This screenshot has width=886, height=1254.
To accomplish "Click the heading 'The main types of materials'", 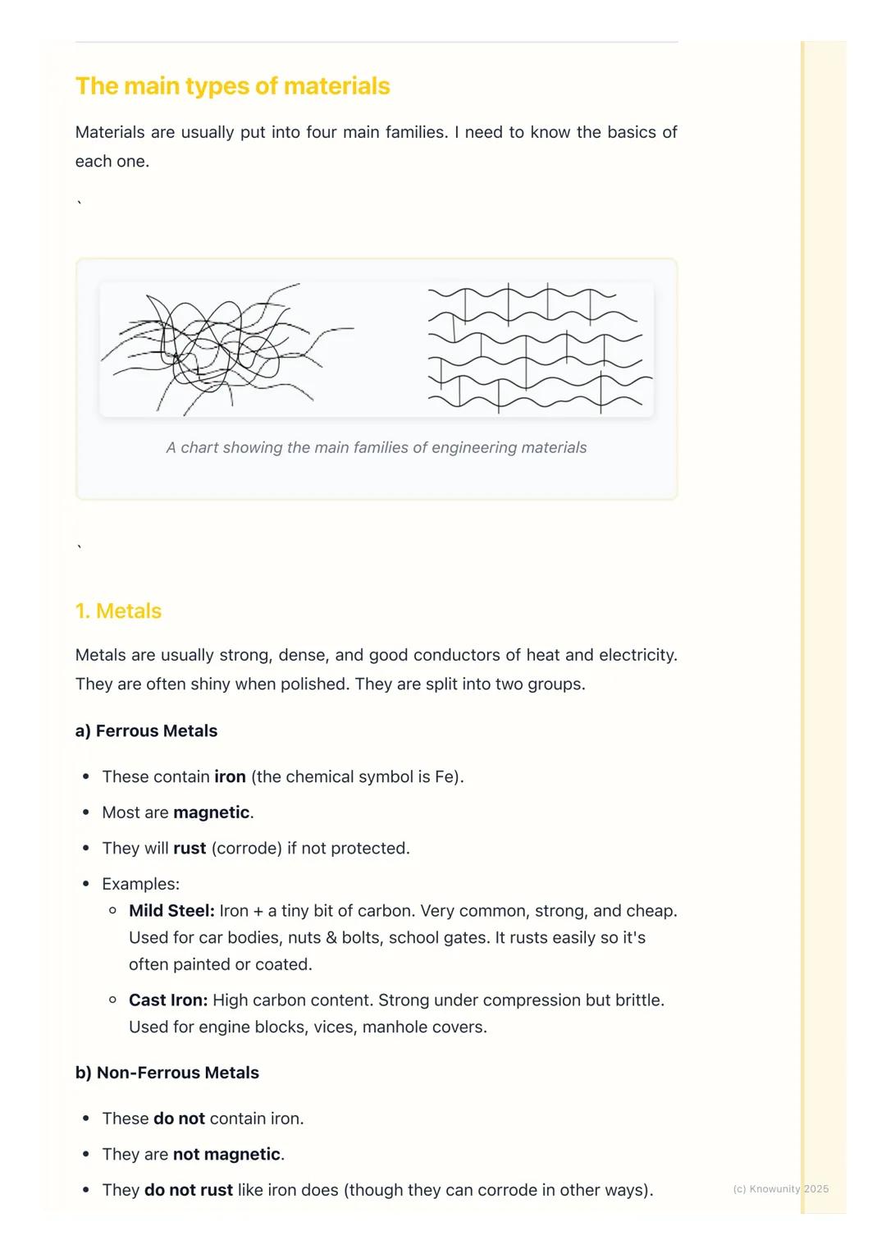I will pos(232,86).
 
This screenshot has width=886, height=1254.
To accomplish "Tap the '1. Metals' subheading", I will pos(118,611).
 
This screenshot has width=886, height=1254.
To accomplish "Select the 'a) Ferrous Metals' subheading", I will pos(146,731).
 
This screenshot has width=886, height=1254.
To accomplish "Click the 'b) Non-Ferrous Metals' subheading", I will pos(167,1073).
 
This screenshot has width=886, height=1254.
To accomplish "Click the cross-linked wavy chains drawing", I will pos(537,350).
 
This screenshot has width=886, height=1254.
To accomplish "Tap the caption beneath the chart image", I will pos(376,448).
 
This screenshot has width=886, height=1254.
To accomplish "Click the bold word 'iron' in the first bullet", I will pos(230,777).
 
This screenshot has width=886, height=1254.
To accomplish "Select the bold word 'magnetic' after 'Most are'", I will pos(211,812).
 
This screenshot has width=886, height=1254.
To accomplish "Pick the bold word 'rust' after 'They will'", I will pos(190,849).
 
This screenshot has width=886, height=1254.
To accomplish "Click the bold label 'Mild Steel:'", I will pos(171,911).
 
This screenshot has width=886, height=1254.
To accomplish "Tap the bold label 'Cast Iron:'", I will pos(168,1000).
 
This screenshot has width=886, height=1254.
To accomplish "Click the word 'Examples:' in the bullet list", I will pos(140,884).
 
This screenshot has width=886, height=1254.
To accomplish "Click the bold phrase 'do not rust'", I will pos(188,1190).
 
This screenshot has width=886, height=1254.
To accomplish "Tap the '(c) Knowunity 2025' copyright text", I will pos(780,1189).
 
